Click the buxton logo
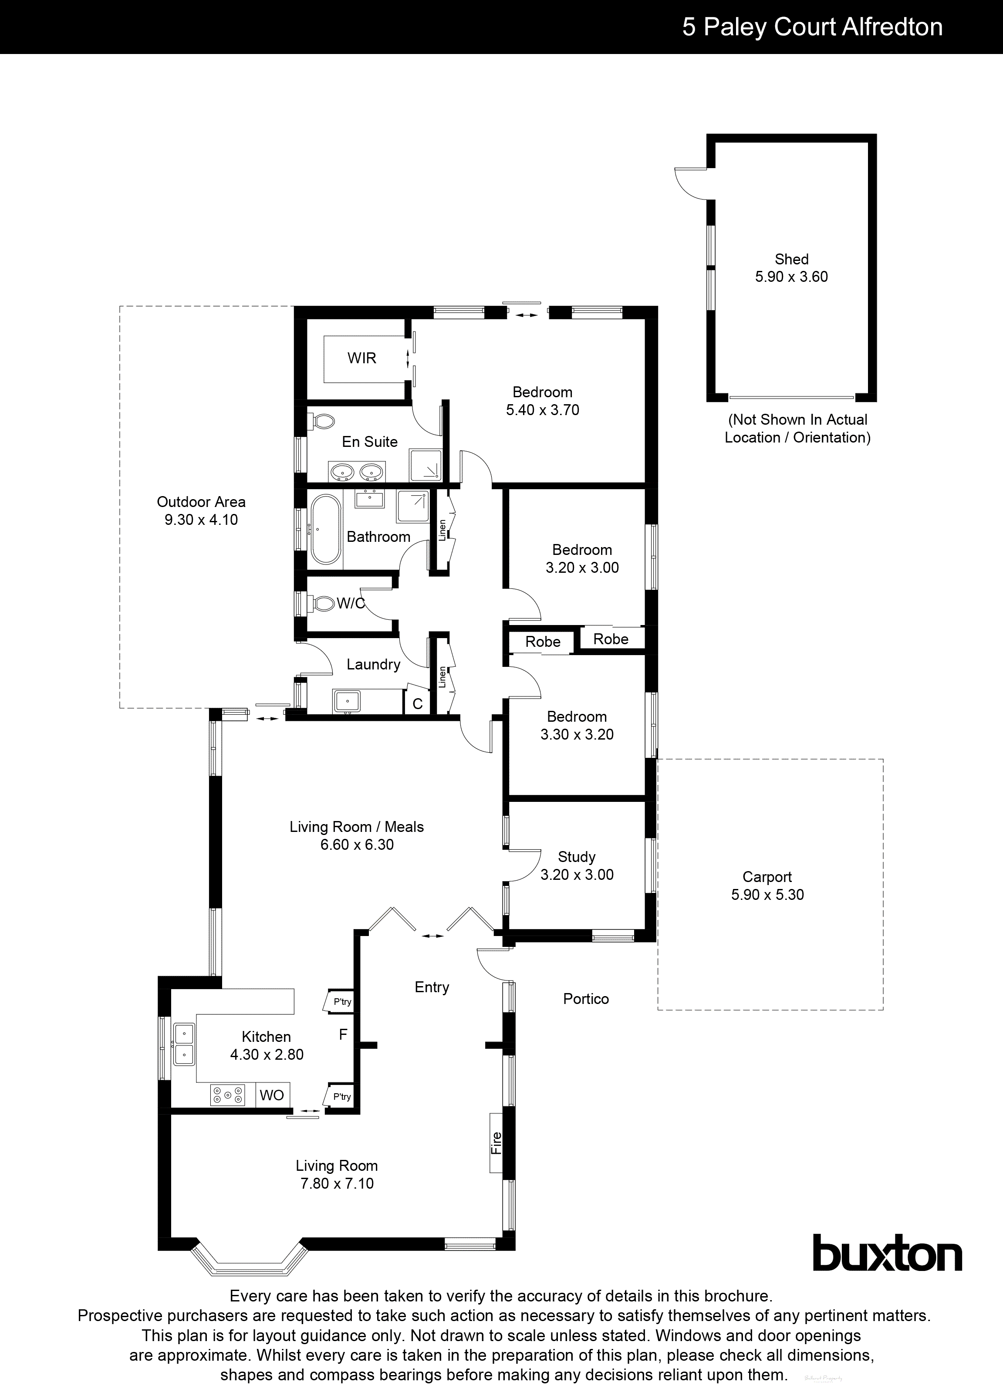pyautogui.click(x=887, y=1254)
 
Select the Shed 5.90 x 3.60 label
pyautogui.click(x=791, y=267)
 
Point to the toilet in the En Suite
pyautogui.click(x=323, y=421)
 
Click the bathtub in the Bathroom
pyautogui.click(x=325, y=529)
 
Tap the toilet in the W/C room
pyautogui.click(x=322, y=603)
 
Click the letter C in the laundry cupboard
pyautogui.click(x=418, y=704)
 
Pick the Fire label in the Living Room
pyautogui.click(x=496, y=1143)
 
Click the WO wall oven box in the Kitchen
pyautogui.click(x=272, y=1095)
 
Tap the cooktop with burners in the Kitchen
pyautogui.click(x=228, y=1095)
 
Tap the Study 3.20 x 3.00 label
pyautogui.click(x=576, y=865)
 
